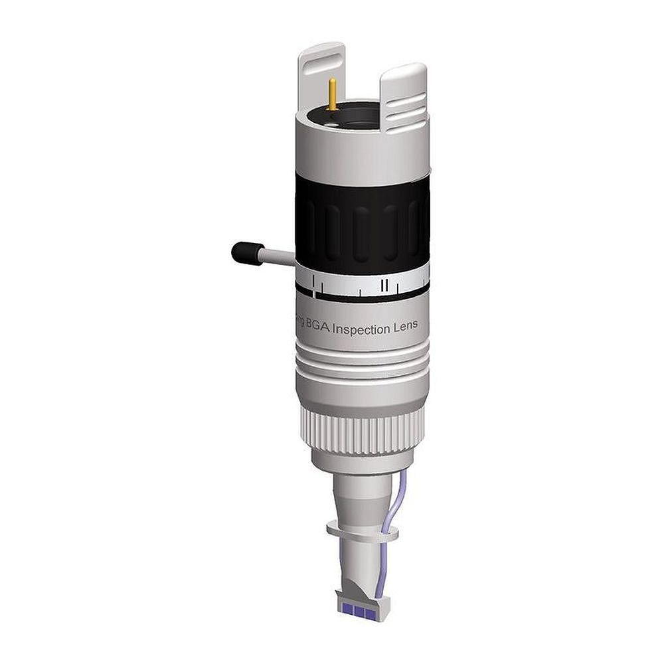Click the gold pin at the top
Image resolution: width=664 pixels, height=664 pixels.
pos(331,94)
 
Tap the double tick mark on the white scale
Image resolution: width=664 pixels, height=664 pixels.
pos(384,285)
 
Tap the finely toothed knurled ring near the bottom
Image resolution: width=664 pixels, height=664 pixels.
pos(362,428)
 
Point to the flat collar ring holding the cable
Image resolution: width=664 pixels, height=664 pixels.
pos(362,531)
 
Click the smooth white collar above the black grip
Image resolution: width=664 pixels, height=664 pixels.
pos(362,149)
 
